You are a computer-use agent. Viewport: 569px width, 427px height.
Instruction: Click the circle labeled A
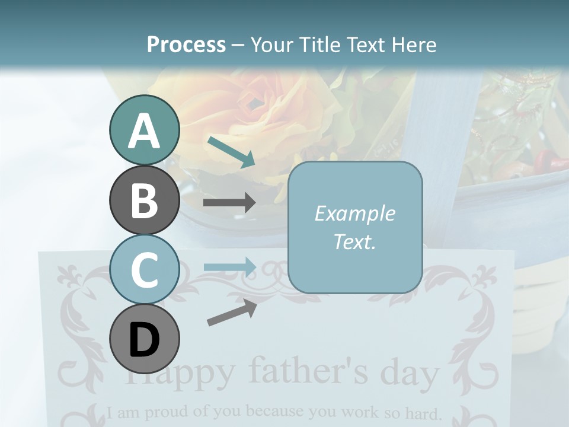144,130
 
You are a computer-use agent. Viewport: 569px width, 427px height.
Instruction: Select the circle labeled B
144,200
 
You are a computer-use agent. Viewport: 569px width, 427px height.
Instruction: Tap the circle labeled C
144,270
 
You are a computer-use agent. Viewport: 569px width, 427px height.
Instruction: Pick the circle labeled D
144,339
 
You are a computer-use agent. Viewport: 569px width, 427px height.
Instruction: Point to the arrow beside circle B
229,203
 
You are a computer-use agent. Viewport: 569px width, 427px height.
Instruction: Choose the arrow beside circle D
232,313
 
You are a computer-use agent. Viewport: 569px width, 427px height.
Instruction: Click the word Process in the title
186,44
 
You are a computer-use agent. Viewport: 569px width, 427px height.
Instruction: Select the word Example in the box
354,213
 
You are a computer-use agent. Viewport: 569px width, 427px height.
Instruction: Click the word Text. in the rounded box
354,241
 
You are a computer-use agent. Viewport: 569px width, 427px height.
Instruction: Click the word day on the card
409,374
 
